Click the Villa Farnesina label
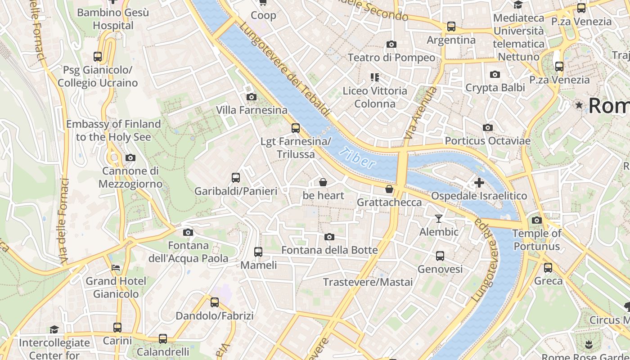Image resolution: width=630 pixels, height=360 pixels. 252,110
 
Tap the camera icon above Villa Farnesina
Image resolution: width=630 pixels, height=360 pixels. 252,97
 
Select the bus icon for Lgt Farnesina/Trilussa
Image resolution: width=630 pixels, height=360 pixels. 296,128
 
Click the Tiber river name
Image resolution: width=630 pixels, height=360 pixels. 357,158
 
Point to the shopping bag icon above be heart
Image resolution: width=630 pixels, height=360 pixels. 323,182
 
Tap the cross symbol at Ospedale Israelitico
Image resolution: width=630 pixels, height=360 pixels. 479,183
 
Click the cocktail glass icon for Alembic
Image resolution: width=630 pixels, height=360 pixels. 439,219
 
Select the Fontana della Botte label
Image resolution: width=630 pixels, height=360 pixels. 329,250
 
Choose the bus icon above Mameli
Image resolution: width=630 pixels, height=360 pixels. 258,252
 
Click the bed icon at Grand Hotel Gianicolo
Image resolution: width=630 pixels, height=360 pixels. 116,268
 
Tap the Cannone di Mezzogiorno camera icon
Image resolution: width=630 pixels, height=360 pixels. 130,157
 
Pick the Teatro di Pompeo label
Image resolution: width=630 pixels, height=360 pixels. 391,58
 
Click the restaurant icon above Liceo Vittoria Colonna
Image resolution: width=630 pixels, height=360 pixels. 374,77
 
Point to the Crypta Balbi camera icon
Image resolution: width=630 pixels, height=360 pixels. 495,74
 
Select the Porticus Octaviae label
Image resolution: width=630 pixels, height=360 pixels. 487,141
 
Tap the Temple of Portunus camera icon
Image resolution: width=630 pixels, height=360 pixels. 537,220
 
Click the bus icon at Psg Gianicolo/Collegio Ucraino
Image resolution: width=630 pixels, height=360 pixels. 98,57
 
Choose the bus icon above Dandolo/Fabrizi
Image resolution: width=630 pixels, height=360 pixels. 215,302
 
